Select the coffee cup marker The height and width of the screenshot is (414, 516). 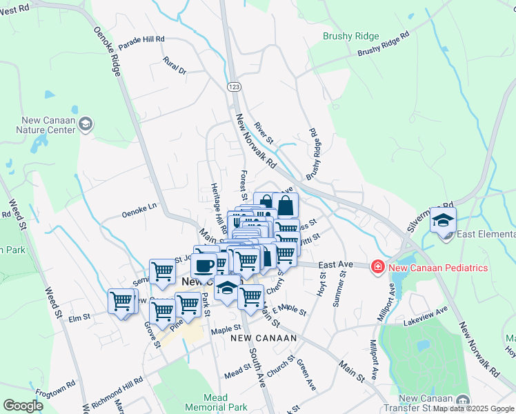coord(204,265)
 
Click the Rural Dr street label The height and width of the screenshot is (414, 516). coord(175,67)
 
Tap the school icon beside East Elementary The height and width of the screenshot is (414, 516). coord(443,220)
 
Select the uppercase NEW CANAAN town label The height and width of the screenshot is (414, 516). coord(263,338)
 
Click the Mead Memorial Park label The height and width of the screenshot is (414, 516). coord(225,402)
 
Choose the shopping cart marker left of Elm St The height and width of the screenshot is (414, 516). coord(121,301)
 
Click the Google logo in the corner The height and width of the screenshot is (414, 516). coord(23,406)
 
